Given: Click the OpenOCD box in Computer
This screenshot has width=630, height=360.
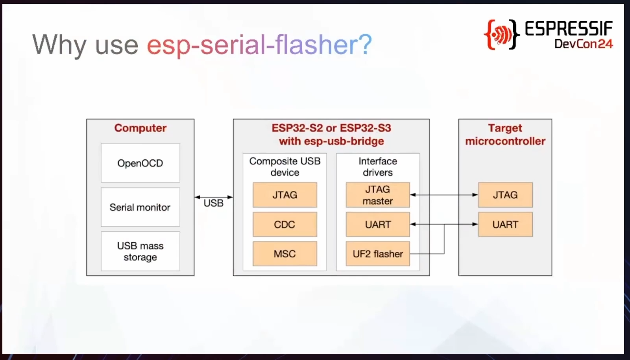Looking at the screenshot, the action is (x=140, y=163).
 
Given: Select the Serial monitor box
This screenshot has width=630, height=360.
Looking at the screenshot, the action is (x=140, y=207).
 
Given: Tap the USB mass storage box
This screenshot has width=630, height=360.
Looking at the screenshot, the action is (x=140, y=251).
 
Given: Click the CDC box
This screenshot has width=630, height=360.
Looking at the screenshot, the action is (x=285, y=224).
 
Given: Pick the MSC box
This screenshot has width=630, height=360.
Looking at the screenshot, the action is (x=285, y=254).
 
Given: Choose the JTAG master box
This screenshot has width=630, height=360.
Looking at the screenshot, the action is (x=378, y=195).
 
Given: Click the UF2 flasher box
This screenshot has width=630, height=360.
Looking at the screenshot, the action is (x=378, y=254).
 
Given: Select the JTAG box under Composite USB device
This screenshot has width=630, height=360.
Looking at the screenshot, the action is (x=285, y=195).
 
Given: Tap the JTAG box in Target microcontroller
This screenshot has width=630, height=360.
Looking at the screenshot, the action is (x=505, y=195).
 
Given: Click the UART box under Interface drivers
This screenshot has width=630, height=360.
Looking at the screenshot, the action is (x=378, y=224).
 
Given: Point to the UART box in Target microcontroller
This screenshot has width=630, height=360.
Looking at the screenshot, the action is (x=505, y=224).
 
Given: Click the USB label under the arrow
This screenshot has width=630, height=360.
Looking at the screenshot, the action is (x=213, y=203).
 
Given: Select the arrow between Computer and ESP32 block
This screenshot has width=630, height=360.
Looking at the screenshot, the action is (x=214, y=197).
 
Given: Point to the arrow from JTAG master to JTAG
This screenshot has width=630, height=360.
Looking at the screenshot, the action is (x=444, y=195).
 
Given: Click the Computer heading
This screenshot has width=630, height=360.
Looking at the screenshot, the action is (x=140, y=128).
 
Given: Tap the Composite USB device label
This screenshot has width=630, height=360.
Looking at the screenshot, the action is (x=285, y=167).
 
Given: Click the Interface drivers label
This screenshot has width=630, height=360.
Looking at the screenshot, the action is (x=378, y=167).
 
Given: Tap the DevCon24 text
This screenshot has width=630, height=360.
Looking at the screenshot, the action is (x=584, y=44).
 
